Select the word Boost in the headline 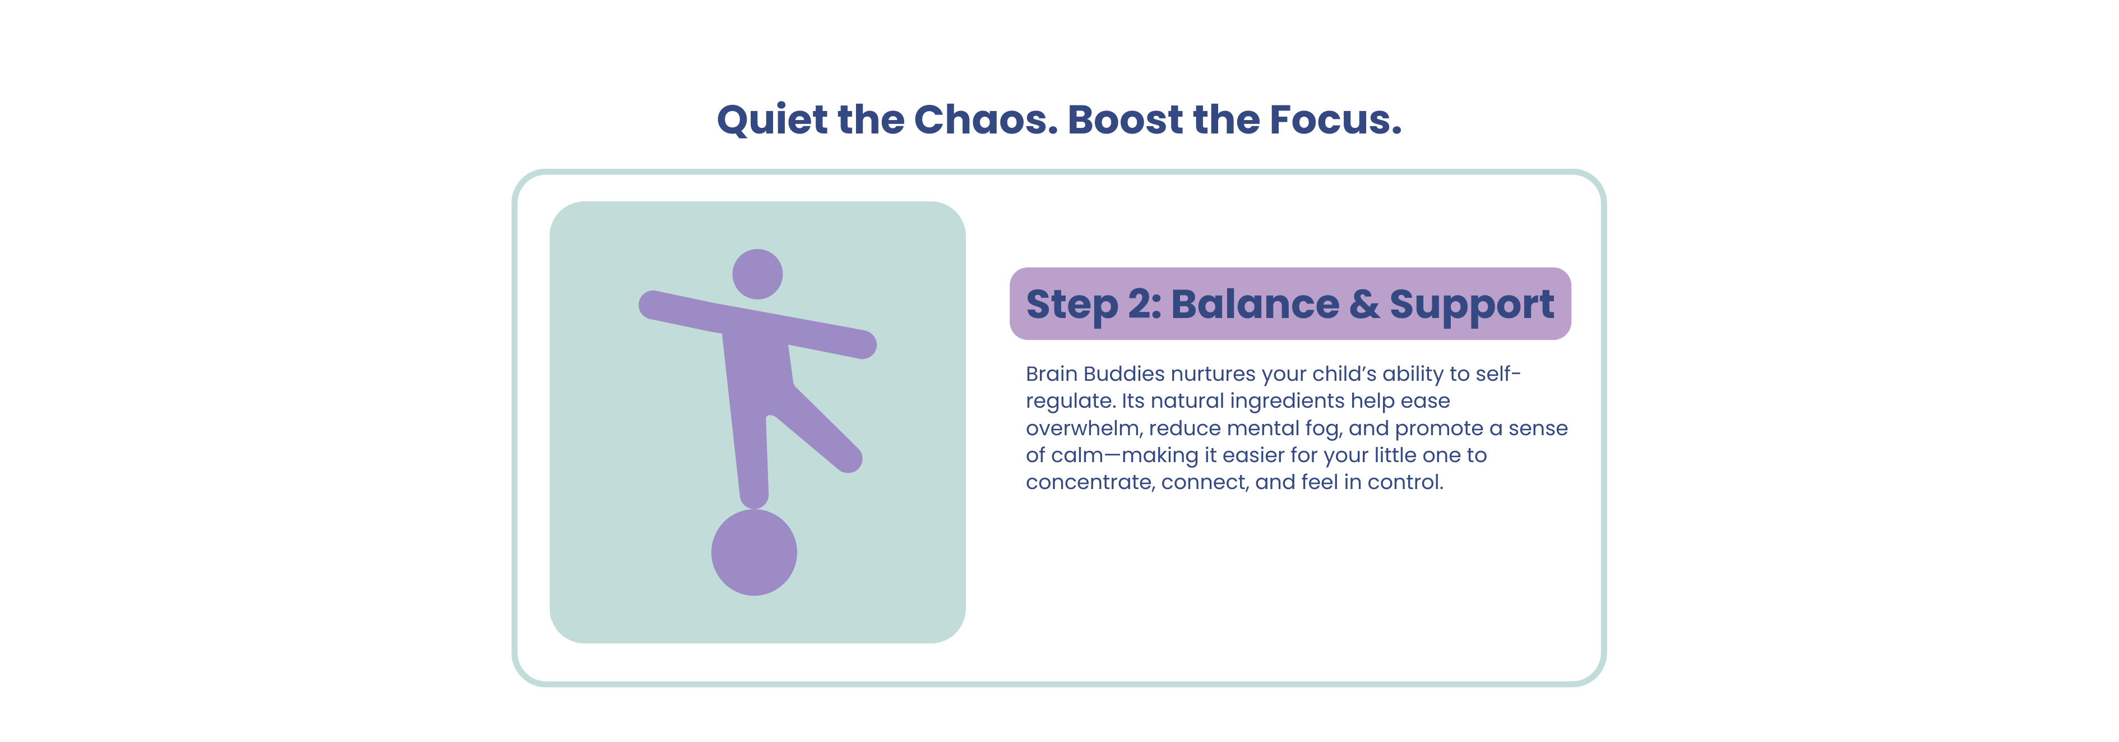1125,119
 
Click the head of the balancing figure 757,274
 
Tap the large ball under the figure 753,552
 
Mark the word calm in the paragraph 1079,456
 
